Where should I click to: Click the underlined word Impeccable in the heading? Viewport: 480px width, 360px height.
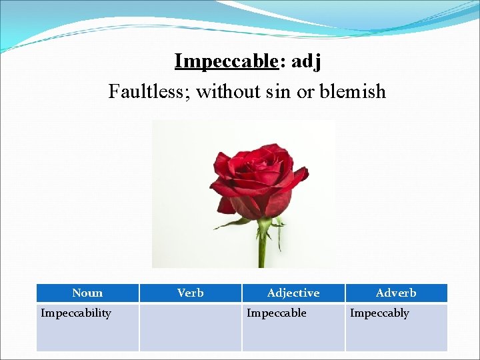click(x=225, y=61)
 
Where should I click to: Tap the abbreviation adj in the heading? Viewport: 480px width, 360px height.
click(x=307, y=61)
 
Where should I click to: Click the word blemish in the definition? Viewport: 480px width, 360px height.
click(x=353, y=91)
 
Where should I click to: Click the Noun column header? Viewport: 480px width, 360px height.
click(x=87, y=293)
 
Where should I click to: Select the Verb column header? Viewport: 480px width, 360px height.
click(x=191, y=293)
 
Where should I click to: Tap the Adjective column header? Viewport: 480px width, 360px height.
click(x=293, y=293)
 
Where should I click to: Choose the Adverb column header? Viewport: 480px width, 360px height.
click(x=396, y=293)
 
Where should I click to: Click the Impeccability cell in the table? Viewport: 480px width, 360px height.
click(x=76, y=313)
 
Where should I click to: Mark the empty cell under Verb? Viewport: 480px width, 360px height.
click(x=191, y=327)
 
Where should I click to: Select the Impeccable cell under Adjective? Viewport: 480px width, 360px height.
click(x=277, y=313)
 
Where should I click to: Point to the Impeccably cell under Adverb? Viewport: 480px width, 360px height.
click(x=379, y=313)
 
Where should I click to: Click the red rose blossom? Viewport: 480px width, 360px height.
click(x=257, y=180)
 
